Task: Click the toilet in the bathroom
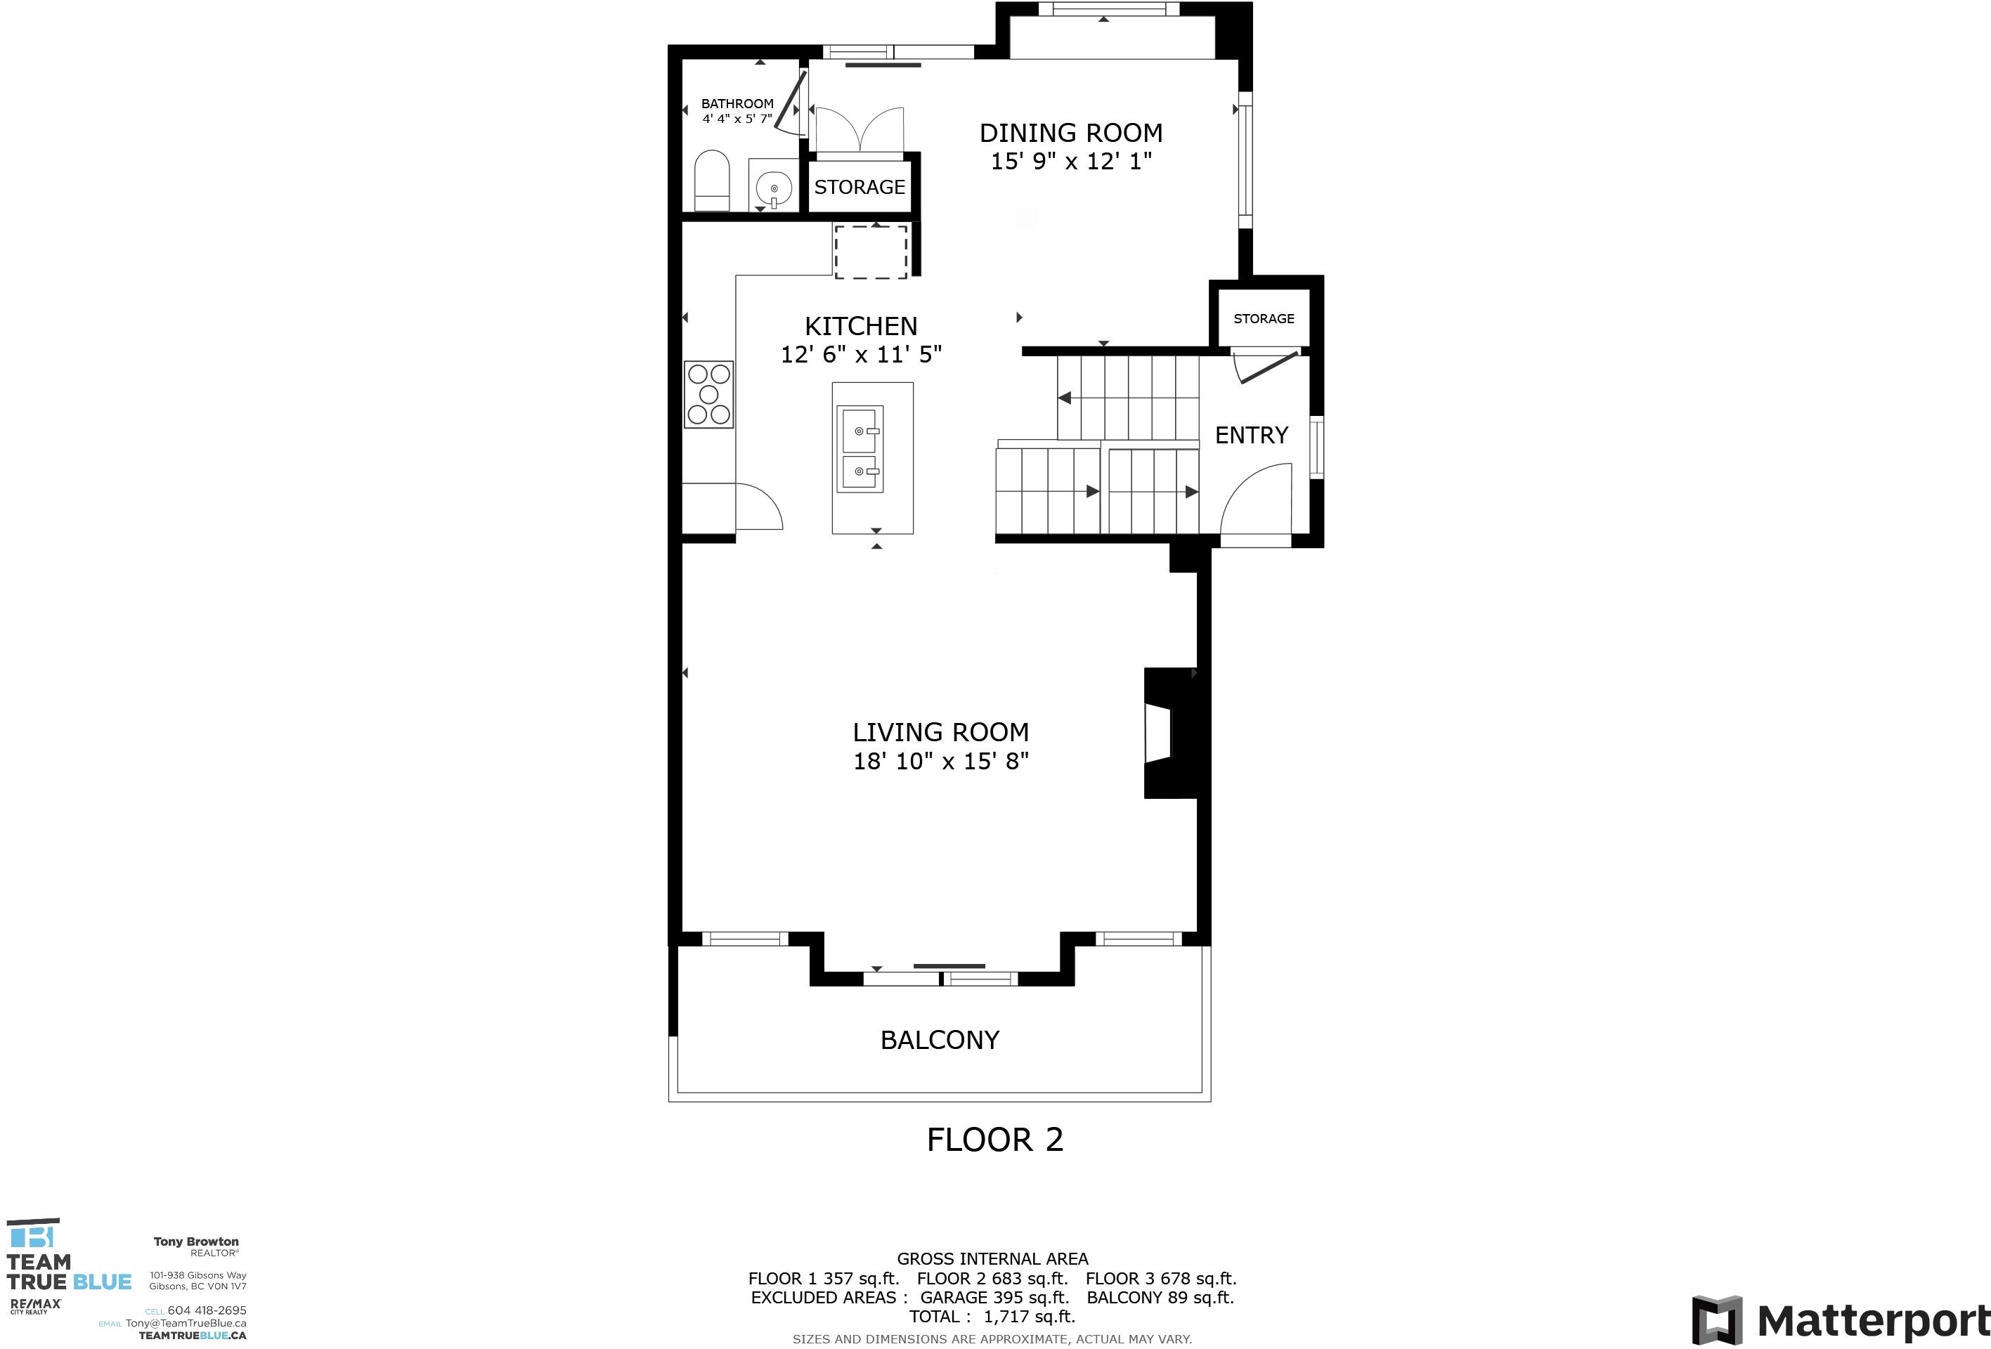coord(711,181)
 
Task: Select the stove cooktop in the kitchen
coord(708,394)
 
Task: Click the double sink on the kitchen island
coord(860,449)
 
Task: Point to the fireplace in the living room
coord(1170,734)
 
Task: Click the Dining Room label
coord(1071,133)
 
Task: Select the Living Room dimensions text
coord(940,761)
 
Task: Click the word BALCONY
coord(940,1040)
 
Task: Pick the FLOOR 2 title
coord(994,1139)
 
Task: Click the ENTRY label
coord(1252,435)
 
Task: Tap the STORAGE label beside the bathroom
coord(860,187)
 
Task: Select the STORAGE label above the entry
coord(1264,318)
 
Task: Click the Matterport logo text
coord(1874,1321)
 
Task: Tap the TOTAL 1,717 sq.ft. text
coord(992,1317)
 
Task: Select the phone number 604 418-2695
coord(207,1310)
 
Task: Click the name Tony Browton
coord(196,1241)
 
